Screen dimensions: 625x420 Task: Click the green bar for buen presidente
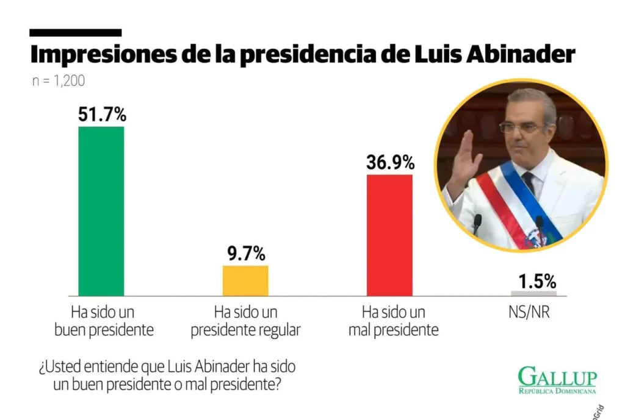tap(101, 211)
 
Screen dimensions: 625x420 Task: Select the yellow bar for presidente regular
tap(245, 280)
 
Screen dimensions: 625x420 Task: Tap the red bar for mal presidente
tap(390, 235)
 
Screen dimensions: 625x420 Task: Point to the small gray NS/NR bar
tap(533, 293)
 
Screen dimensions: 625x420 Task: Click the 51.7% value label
tap(102, 114)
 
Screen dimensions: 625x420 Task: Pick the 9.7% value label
tap(246, 253)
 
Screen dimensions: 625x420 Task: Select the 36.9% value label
tap(390, 162)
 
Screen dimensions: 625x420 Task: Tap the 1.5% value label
tap(537, 282)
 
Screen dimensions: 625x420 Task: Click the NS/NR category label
tap(529, 313)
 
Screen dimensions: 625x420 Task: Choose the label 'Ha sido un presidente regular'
tap(245, 321)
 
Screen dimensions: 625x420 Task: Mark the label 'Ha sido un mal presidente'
tap(394, 321)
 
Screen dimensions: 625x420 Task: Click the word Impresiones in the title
tap(103, 54)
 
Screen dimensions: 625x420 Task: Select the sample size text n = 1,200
tap(59, 81)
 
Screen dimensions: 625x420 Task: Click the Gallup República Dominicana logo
tap(557, 380)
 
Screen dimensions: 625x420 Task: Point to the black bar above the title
tap(75, 33)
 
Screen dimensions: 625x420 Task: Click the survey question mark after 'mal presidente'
tap(278, 384)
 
